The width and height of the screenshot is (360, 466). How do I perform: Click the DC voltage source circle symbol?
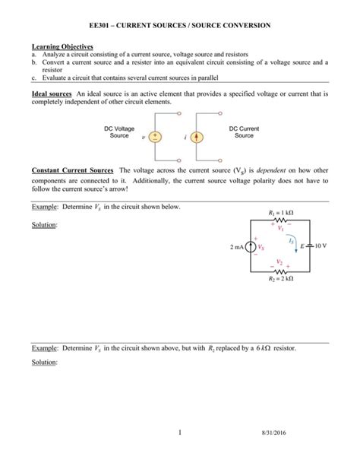coord(156,138)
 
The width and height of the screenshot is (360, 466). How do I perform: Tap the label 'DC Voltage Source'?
coord(119,132)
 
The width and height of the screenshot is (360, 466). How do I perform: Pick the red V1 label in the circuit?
coord(280,228)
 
